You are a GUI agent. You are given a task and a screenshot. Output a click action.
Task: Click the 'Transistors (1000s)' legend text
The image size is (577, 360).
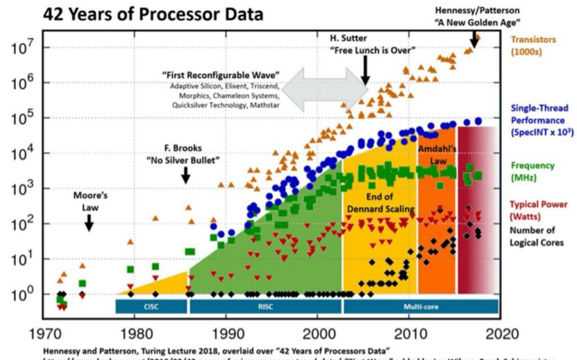pyautogui.click(x=532, y=46)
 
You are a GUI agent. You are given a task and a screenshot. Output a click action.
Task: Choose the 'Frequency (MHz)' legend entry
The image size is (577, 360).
pyautogui.click(x=533, y=171)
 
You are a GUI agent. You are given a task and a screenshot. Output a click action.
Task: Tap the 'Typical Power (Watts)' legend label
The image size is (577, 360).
pyautogui.click(x=538, y=210)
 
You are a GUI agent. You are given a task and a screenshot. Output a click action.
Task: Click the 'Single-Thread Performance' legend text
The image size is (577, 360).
pyautogui.click(x=539, y=120)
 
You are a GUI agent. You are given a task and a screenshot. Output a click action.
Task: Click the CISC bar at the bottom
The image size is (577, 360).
pyautogui.click(x=151, y=306)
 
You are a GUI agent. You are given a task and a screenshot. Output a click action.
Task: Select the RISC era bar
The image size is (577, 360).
pyautogui.click(x=265, y=306)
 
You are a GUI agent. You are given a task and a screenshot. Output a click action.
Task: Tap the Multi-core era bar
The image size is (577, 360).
pyautogui.click(x=420, y=306)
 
